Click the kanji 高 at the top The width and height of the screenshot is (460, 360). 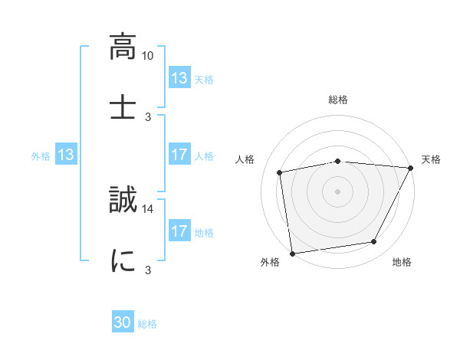click(123, 47)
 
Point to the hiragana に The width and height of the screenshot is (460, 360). click(123, 260)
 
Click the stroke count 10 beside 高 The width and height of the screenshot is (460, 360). click(148, 56)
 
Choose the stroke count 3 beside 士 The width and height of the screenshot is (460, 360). click(148, 116)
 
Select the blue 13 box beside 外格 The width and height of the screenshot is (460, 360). click(65, 155)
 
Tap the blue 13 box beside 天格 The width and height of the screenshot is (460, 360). click(179, 78)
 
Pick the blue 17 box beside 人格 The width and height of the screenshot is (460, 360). click(179, 155)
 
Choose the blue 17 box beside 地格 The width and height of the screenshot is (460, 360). click(179, 231)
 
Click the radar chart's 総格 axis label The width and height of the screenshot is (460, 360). click(338, 100)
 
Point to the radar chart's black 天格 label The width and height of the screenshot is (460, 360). click(431, 159)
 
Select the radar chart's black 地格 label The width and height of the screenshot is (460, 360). click(402, 263)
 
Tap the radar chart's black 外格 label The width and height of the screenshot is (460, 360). click(270, 263)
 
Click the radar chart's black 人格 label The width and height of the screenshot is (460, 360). click(245, 159)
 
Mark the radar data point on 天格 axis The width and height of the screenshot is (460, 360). click(410, 168)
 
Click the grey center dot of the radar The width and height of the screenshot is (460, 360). click(338, 191)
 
